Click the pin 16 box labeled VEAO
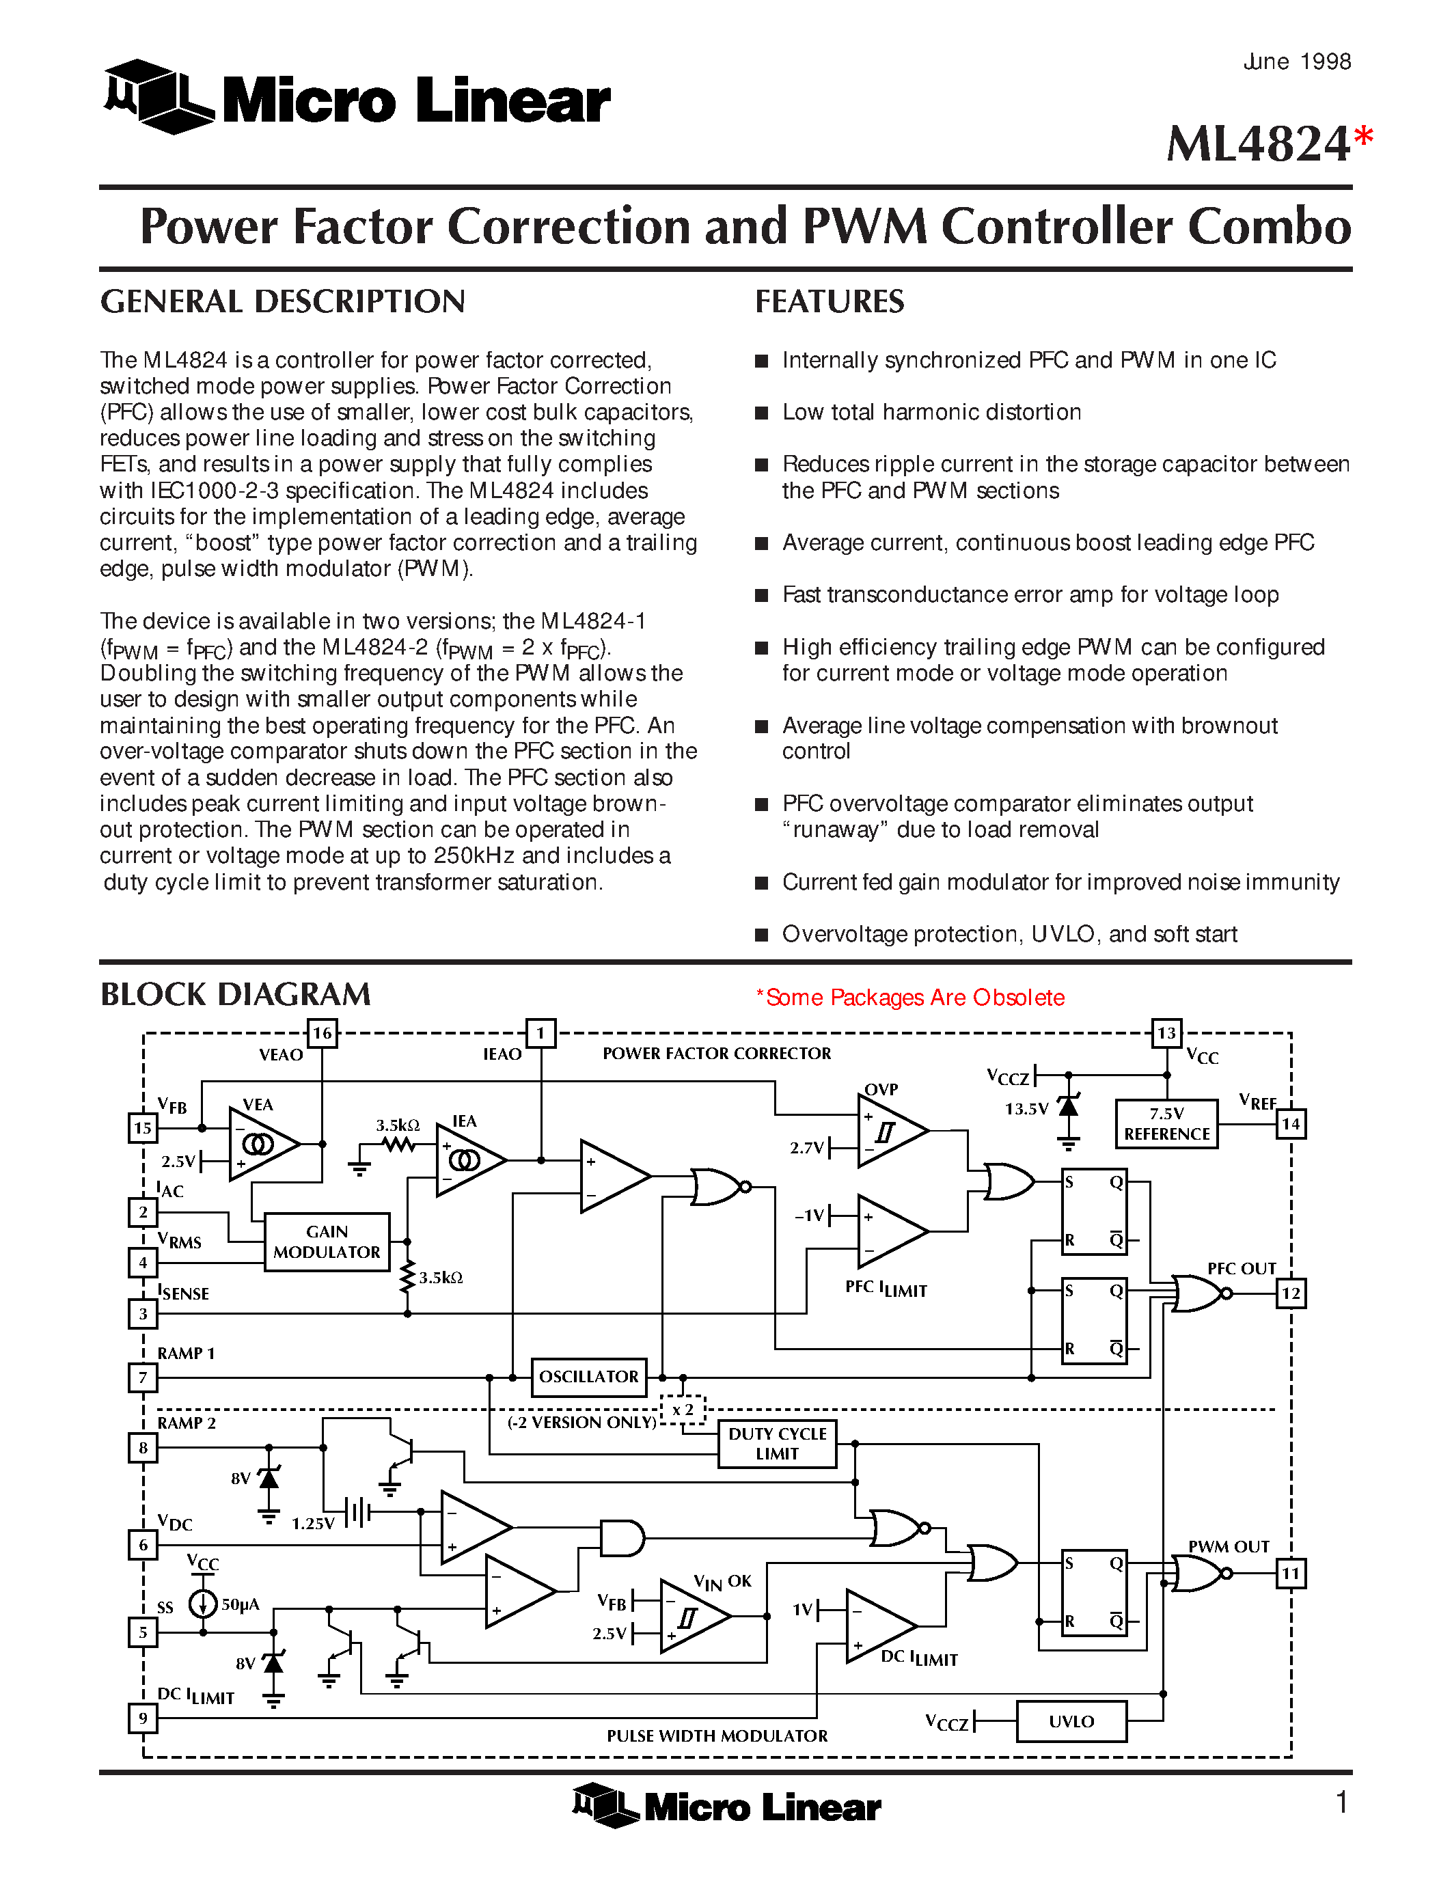322,1033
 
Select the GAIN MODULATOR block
327,1242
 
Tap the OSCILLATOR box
588,1377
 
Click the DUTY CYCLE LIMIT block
777,1444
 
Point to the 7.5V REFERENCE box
1166,1123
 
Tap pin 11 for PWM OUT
1290,1574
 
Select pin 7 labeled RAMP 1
143,1377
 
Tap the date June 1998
1296,62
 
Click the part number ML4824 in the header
1257,143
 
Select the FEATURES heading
830,302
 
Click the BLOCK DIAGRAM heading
236,995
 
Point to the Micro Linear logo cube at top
156,96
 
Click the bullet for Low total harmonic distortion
761,413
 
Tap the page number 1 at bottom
1342,1802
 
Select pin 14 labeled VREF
1290,1123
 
